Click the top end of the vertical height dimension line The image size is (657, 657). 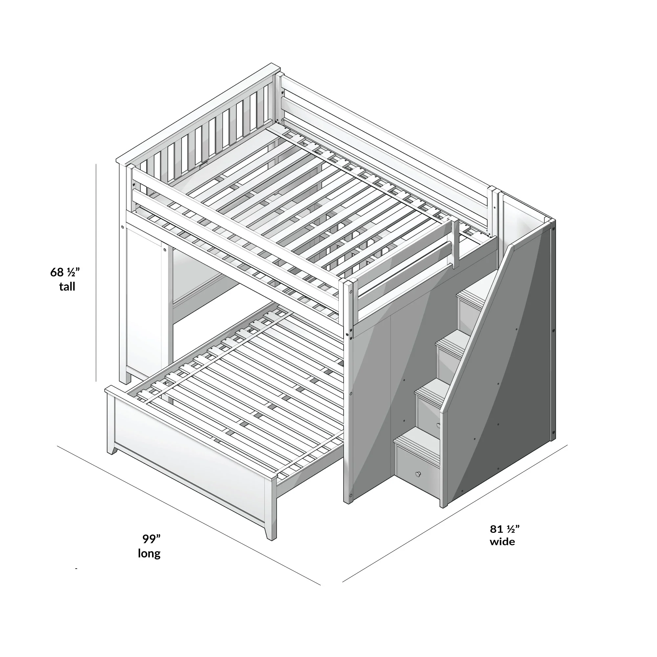(96, 164)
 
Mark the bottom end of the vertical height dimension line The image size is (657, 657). (96, 381)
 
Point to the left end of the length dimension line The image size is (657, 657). (57, 446)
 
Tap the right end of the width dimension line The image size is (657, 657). (567, 445)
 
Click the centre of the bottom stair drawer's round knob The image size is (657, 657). (417, 474)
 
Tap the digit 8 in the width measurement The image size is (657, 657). (494, 529)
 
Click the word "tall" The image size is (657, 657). (67, 287)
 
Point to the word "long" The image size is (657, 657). (149, 554)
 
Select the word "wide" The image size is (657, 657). (502, 541)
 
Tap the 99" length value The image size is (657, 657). (151, 539)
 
